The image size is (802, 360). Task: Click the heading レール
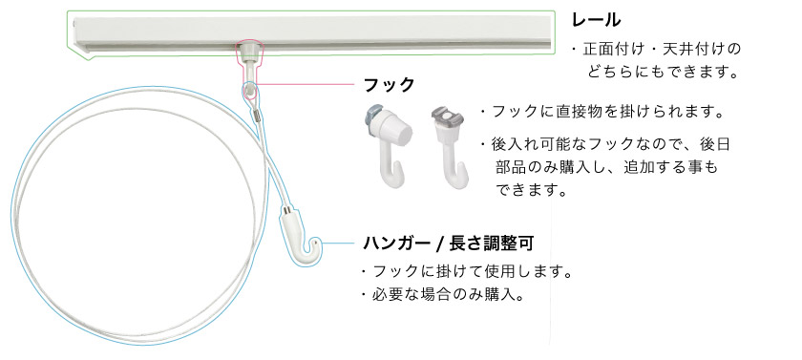597,19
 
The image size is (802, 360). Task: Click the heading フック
390,85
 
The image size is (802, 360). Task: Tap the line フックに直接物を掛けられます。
602,112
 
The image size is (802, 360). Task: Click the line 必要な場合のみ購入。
444,295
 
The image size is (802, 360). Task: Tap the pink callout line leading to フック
306,84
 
